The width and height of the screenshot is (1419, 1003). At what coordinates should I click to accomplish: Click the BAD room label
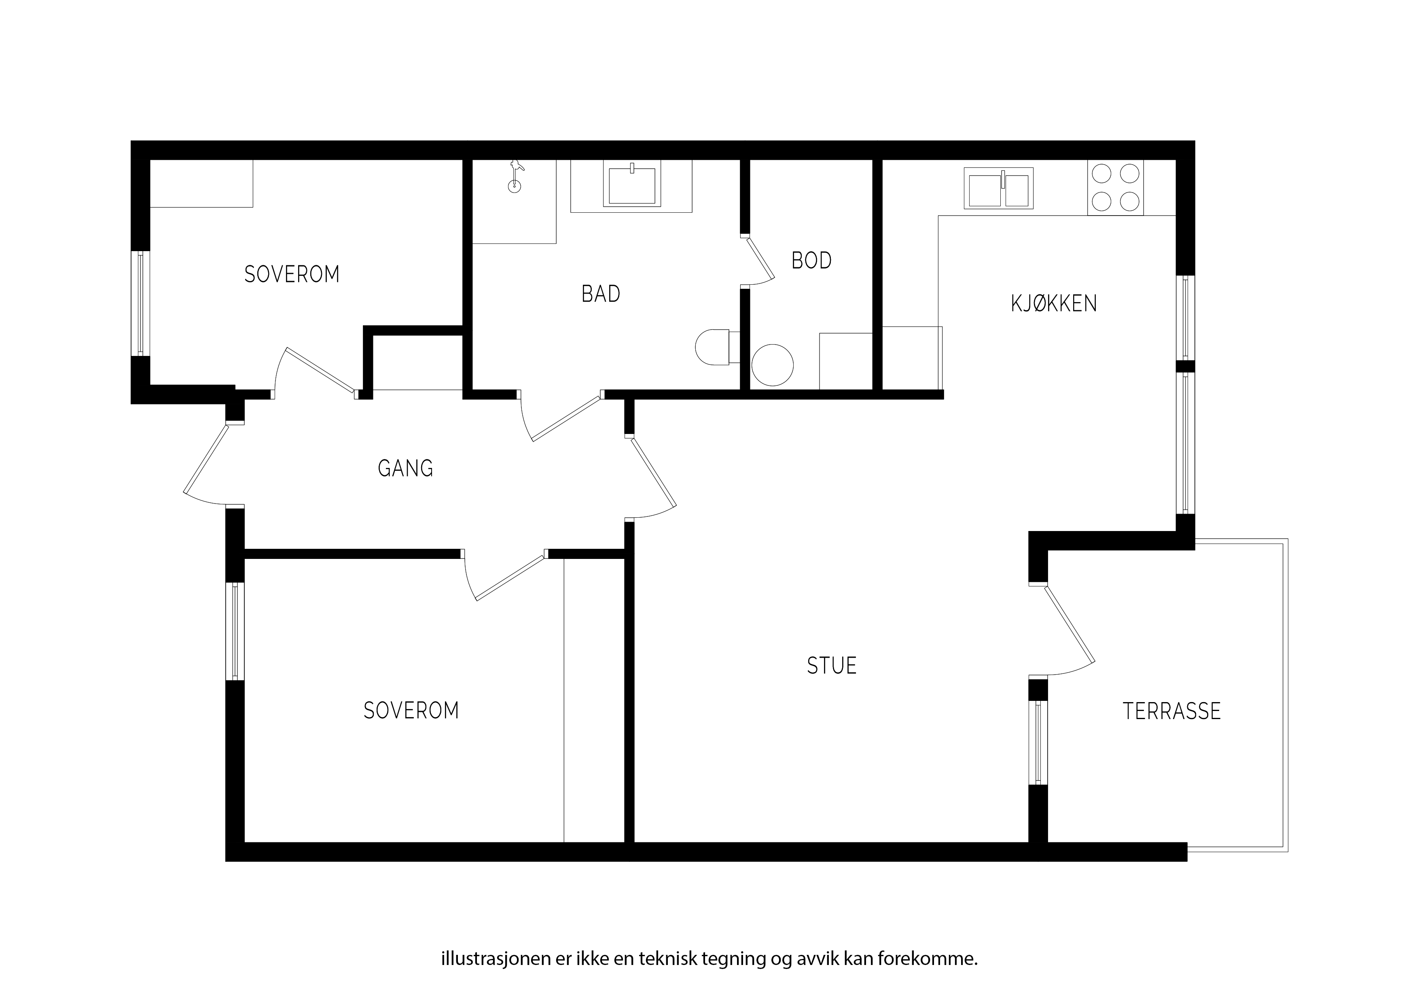coord(601,294)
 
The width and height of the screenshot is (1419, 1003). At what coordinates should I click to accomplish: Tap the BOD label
coord(811,261)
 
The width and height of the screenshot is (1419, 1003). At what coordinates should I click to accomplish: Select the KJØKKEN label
coord(1054,303)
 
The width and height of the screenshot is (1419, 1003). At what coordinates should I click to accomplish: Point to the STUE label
coord(832,666)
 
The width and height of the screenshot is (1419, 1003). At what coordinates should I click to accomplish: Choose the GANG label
coord(405,468)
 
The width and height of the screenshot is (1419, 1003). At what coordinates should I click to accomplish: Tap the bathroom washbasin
coord(631,185)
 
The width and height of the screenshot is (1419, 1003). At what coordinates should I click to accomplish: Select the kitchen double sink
coord(998,188)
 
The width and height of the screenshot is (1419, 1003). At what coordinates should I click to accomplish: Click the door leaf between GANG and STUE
coord(653,471)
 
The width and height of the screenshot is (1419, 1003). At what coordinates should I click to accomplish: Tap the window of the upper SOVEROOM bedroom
coord(141,303)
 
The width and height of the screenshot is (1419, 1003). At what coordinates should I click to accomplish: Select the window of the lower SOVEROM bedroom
coord(235,631)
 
